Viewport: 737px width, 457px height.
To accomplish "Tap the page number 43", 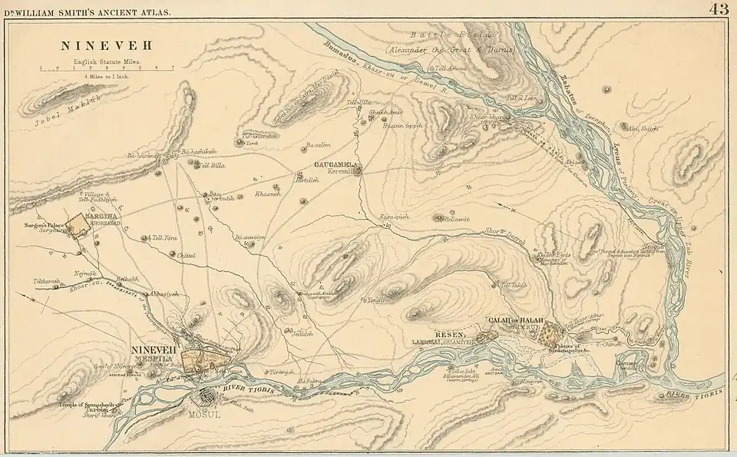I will coord(719,9).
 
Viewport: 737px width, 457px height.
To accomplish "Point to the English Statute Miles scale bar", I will coord(107,69).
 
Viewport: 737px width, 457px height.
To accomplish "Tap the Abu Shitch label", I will coord(643,128).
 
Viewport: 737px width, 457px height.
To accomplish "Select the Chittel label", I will coord(187,254).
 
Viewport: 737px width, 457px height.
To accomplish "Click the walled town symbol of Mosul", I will coord(206,398).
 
